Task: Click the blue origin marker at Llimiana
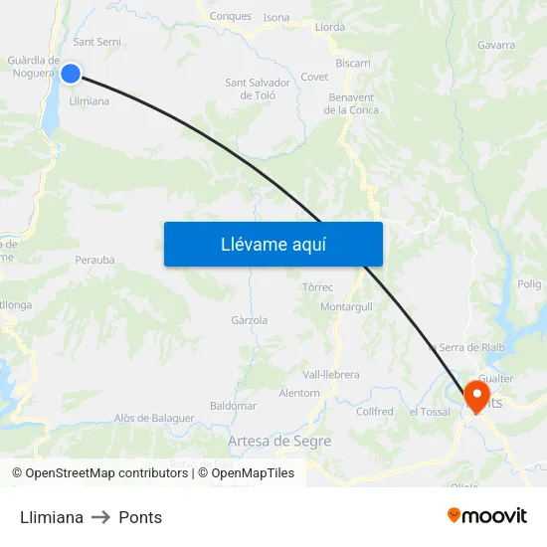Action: tap(71, 73)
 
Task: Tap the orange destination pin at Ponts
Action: tap(477, 395)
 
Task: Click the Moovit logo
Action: tap(487, 516)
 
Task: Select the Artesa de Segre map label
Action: tap(279, 441)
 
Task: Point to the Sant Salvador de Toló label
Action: tap(258, 89)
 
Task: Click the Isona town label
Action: tap(276, 18)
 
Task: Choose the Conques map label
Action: tap(231, 16)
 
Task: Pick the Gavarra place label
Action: tap(496, 45)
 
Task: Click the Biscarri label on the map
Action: tap(353, 63)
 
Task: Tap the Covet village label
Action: tap(314, 77)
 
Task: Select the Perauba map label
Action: tap(94, 261)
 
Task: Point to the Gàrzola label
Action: tap(249, 320)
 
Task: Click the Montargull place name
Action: tap(346, 307)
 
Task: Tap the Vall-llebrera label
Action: tap(331, 374)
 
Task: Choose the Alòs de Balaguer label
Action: tap(154, 418)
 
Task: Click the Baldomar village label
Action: tap(234, 406)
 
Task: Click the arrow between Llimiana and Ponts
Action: tap(100, 517)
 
